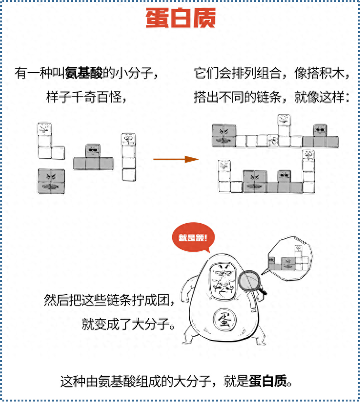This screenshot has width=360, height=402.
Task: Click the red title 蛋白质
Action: [181, 18]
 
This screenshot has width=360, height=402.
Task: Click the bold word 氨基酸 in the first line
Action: [84, 73]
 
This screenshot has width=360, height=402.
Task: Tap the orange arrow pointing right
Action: [176, 159]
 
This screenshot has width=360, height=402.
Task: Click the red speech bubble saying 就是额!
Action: [193, 237]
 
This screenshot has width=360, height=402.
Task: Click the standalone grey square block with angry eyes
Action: [51, 181]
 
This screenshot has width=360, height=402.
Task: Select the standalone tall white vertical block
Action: [129, 157]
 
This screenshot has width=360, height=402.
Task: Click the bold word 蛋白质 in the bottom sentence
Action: [267, 381]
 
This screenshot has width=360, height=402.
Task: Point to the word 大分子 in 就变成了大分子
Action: [151, 324]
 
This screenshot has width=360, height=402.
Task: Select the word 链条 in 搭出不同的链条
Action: [269, 97]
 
